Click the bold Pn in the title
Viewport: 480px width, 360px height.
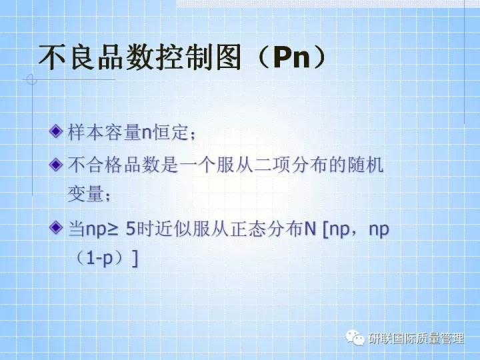[x=293, y=58]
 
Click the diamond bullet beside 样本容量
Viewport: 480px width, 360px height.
[x=57, y=129]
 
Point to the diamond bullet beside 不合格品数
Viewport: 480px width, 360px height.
[x=57, y=162]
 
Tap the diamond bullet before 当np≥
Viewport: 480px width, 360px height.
[x=57, y=228]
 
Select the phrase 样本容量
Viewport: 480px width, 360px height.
[x=104, y=132]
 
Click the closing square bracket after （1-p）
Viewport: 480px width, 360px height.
[x=136, y=259]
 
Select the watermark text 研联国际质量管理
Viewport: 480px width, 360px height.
[x=415, y=339]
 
